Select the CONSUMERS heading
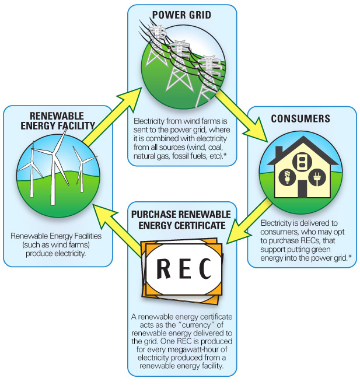coord(300,118)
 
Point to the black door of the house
coord(302,188)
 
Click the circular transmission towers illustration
coord(181,64)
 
